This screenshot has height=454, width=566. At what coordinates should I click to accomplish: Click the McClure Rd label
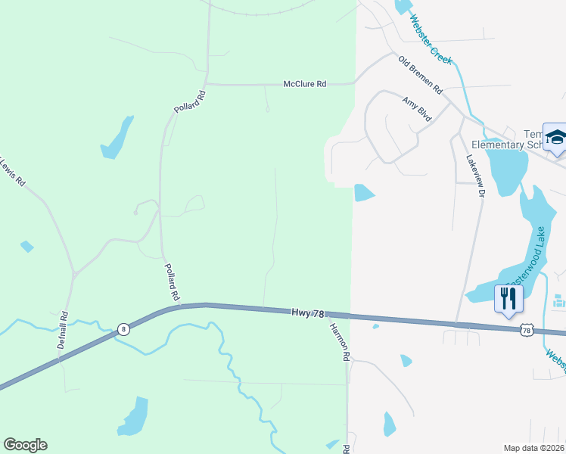pos(305,84)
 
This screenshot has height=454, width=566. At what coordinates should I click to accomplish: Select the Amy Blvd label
pos(416,109)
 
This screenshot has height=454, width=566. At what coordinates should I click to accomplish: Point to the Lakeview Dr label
pos(474,176)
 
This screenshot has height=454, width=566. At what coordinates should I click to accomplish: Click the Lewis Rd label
pos(11,173)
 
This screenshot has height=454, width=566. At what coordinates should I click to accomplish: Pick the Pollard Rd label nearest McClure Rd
pos(190,102)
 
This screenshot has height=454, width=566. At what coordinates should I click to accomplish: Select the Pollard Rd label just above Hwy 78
pos(173,280)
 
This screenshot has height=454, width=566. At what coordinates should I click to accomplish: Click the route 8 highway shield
pos(123,329)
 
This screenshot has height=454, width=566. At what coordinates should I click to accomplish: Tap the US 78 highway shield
pos(527,329)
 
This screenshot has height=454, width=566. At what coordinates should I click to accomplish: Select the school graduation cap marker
pos(556,137)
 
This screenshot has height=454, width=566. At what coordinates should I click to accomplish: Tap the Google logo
pos(25,445)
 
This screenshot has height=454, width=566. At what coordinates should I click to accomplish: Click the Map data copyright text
pos(533,448)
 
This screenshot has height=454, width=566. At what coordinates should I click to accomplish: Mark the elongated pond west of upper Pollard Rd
pos(117,138)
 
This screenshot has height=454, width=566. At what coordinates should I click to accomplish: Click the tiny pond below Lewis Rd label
pos(27,246)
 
